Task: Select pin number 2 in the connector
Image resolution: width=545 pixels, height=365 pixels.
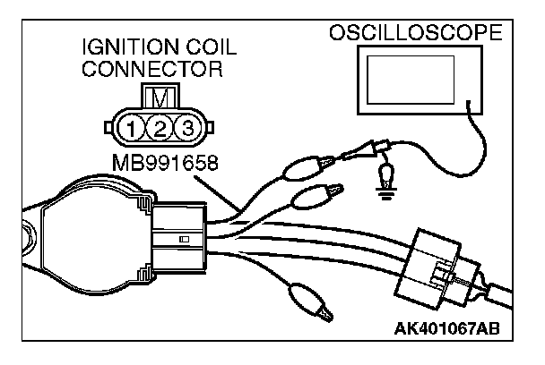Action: pyautogui.click(x=160, y=127)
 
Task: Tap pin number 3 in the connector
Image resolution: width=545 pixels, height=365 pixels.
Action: pyautogui.click(x=186, y=127)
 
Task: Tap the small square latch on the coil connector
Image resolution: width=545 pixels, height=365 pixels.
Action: pyautogui.click(x=183, y=241)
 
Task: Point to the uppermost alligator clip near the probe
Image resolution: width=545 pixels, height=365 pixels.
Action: pyautogui.click(x=305, y=166)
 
